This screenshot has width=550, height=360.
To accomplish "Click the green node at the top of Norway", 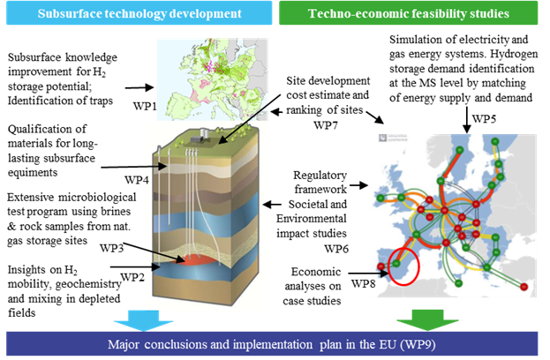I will tap(495, 141).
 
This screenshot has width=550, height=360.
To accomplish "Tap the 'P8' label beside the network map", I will tap(371, 282).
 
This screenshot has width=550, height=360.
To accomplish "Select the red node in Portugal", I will tap(381, 266).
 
